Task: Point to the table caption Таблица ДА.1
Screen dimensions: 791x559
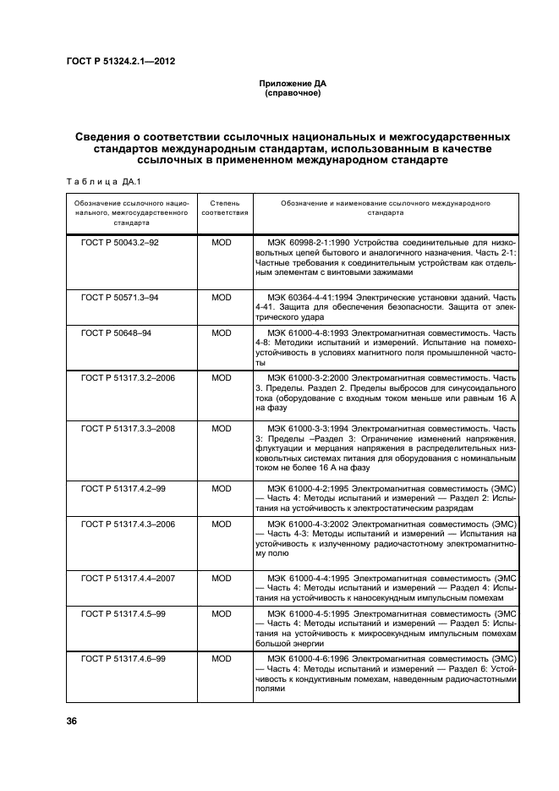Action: pyautogui.click(x=94, y=180)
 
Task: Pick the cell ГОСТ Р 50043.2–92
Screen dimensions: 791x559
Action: pyautogui.click(x=119, y=242)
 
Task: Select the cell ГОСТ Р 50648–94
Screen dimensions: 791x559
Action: pyautogui.click(x=116, y=332)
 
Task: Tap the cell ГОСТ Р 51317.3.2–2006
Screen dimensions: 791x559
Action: pyautogui.click(x=128, y=376)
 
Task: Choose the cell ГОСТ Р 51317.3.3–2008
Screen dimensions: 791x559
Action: pyautogui.click(x=128, y=429)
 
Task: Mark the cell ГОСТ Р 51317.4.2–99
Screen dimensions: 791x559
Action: pyautogui.click(x=123, y=489)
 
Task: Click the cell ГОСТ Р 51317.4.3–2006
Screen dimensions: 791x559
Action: pyautogui.click(x=128, y=525)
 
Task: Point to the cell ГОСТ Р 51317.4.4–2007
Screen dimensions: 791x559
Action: pyautogui.click(x=128, y=578)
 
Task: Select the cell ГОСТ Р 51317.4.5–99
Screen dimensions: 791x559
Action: pyautogui.click(x=123, y=612)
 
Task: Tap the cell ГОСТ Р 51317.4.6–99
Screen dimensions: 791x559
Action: pyautogui.click(x=123, y=657)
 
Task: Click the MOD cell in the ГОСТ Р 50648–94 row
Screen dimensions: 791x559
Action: pyautogui.click(x=222, y=332)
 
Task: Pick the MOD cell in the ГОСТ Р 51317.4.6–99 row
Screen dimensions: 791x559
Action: pyautogui.click(x=222, y=657)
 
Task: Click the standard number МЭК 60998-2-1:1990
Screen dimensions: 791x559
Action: pyautogui.click(x=309, y=242)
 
